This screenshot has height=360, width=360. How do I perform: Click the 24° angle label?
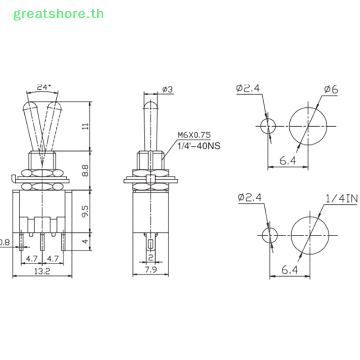coord(43,87)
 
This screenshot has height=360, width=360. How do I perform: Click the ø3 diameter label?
coord(167,90)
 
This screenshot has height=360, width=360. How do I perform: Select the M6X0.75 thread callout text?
coord(194,135)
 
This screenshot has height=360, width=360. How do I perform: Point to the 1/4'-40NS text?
coord(196,145)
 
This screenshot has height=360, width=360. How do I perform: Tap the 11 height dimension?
coord(85,126)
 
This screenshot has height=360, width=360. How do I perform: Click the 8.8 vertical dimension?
coord(85,171)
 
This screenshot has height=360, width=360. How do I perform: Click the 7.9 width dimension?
coord(151,270)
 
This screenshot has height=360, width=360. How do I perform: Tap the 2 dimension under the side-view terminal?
coord(151,257)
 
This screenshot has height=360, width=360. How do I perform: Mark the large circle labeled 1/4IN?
coord(309,234)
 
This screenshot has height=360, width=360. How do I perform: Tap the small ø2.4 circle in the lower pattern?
coord(270,234)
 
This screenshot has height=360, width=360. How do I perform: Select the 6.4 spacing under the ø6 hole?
coord(288,161)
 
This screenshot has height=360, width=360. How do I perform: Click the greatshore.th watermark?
coord(58,13)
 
